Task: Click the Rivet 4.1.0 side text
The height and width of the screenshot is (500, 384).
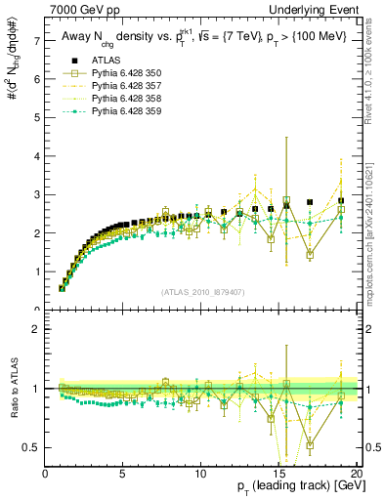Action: click(374, 78)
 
